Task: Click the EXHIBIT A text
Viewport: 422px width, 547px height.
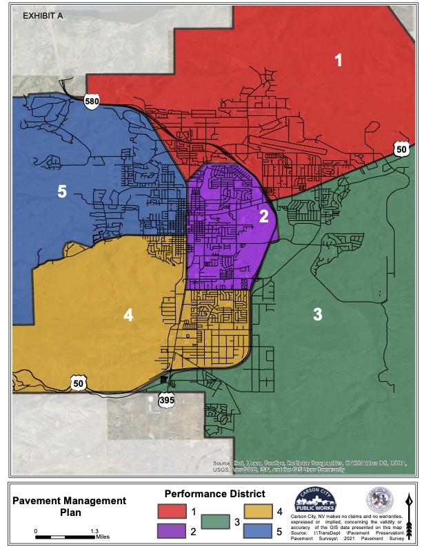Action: tap(43, 14)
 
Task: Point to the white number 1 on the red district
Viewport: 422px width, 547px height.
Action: tap(338, 61)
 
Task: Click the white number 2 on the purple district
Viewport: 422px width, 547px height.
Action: tap(263, 215)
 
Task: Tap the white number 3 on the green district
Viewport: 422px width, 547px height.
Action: tap(317, 315)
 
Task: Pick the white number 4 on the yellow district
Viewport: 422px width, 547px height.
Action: tap(128, 315)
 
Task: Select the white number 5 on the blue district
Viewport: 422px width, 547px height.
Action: tap(61, 192)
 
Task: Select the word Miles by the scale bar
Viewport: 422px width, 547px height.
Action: tap(103, 536)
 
